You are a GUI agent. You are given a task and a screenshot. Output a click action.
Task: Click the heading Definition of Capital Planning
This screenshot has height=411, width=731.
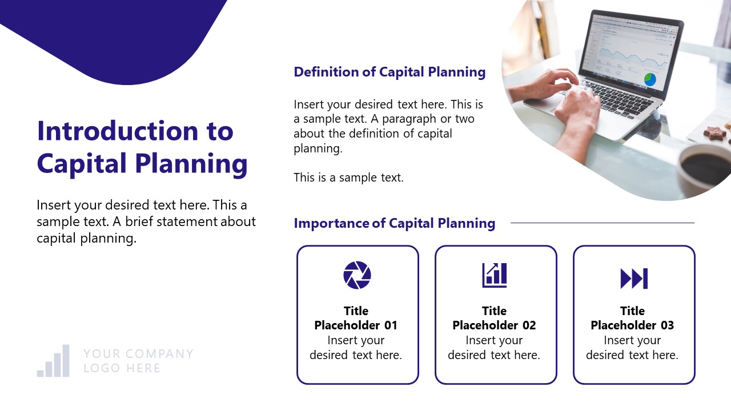click(389, 72)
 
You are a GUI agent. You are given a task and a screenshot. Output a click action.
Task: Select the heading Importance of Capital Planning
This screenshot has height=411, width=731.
click(394, 223)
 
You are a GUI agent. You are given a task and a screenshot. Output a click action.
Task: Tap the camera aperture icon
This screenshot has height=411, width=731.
click(357, 275)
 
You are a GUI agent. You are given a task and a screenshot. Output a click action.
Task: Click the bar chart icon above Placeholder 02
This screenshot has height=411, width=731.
click(495, 275)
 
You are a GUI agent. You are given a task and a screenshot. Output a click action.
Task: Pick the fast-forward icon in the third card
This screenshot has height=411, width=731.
click(634, 279)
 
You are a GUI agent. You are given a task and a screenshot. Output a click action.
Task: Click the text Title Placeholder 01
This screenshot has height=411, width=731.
click(356, 319)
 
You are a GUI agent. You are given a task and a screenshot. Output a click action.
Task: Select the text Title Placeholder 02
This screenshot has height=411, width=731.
click(494, 319)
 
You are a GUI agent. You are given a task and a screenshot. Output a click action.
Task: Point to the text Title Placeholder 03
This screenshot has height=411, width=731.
click(632, 319)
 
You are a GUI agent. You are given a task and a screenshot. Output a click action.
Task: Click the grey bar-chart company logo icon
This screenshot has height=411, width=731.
click(54, 361)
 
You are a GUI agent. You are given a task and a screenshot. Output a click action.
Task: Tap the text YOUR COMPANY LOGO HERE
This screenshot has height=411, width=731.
click(138, 361)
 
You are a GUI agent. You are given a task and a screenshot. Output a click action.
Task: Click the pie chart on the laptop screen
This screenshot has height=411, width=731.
click(650, 79)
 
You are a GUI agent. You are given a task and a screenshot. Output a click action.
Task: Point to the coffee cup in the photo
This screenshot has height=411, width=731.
click(705, 168)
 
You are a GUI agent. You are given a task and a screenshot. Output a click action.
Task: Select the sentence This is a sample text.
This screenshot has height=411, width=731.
click(348, 178)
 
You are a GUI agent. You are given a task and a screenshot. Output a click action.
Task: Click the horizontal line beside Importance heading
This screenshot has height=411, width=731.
click(602, 223)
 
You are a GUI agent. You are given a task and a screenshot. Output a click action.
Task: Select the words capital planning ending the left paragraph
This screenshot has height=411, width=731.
click(86, 238)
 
